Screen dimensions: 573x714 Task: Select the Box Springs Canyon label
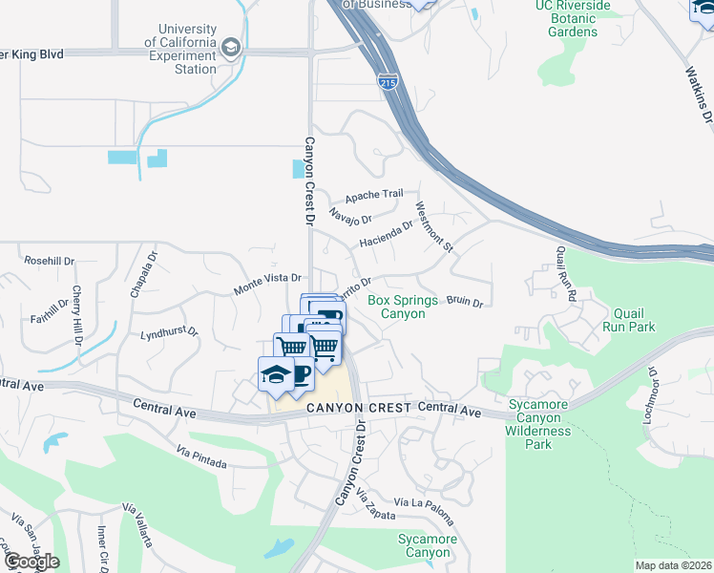tap(402, 307)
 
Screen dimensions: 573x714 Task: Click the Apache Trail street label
tap(374, 195)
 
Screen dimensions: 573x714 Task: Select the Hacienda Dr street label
tap(386, 234)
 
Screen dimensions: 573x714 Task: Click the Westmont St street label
tap(432, 225)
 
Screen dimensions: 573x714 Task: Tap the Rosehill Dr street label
tap(49, 260)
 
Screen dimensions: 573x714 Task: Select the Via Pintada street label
tap(200, 457)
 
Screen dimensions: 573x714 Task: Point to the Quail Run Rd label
tap(565, 276)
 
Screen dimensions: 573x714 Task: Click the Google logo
tap(31, 561)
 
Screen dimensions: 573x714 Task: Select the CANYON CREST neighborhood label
tap(359, 408)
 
